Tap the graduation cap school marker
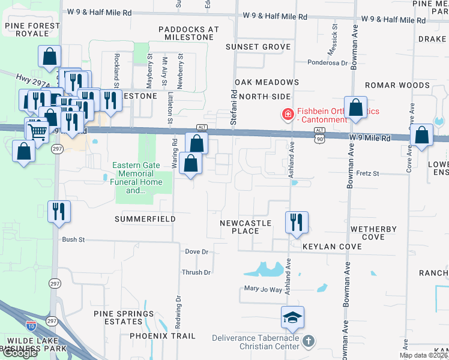pyautogui.click(x=292, y=317)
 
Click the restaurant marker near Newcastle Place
pyautogui.click(x=297, y=223)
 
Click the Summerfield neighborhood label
pyautogui.click(x=145, y=219)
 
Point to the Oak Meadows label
pyautogui.click(x=267, y=82)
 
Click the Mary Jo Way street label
pyautogui.click(x=263, y=289)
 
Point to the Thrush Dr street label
pyautogui.click(x=196, y=272)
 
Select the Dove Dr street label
pyautogui.click(x=196, y=251)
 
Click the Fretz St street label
pyautogui.click(x=368, y=173)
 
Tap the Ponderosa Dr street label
pyautogui.click(x=327, y=62)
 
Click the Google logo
pyautogui.click(x=20, y=353)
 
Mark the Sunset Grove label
pyautogui.click(x=258, y=47)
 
